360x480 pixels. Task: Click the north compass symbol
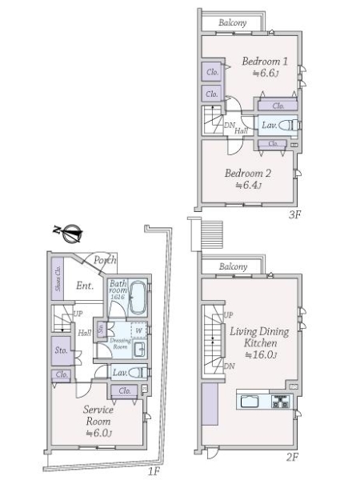[x=72, y=234]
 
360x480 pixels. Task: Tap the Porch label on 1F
[x=106, y=260]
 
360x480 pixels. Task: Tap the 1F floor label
[x=154, y=471]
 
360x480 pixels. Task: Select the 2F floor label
[x=292, y=457]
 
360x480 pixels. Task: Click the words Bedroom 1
[x=265, y=61]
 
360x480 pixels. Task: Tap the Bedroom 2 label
[x=247, y=173]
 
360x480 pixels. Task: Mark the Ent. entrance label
[x=86, y=286]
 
